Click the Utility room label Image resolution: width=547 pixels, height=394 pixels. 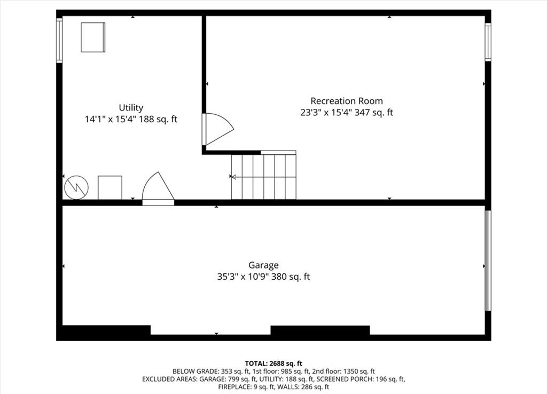[131, 108]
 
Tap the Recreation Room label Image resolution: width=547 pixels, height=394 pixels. [346, 101]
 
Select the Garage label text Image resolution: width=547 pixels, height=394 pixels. [263, 265]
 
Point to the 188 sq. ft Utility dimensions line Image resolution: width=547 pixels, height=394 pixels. [131, 119]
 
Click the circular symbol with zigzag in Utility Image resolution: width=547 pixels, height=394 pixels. [76, 187]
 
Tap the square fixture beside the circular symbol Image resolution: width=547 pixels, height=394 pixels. [110, 187]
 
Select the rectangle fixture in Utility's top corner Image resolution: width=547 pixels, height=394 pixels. [93, 37]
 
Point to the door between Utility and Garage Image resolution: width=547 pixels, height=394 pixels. [158, 189]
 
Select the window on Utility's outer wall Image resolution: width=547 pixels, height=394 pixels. [59, 41]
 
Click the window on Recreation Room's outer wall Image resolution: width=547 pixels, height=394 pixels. [488, 42]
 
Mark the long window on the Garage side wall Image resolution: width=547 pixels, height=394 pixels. [488, 260]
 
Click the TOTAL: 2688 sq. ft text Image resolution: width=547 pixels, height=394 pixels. [273, 364]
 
